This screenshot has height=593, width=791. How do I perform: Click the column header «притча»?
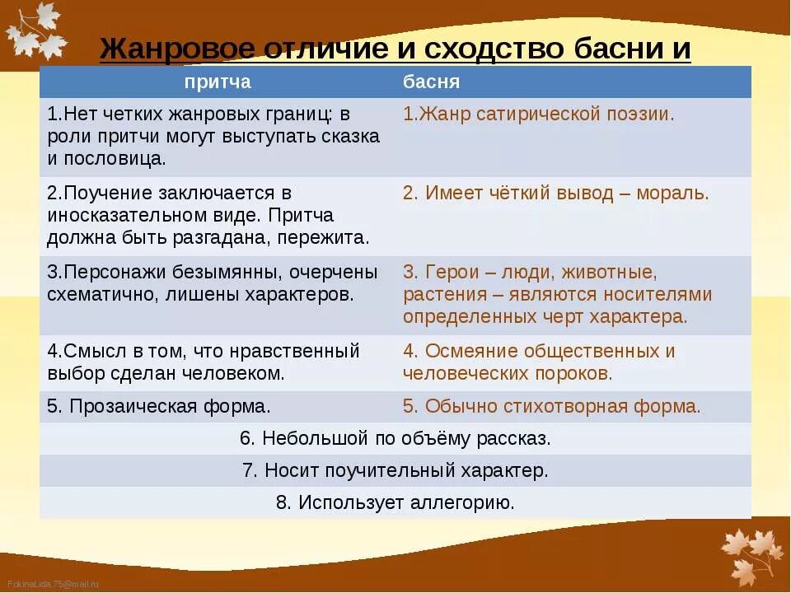point(218,82)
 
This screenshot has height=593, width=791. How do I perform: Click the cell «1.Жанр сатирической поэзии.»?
point(538,114)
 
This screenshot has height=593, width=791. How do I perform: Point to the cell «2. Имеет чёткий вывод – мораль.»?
point(555,194)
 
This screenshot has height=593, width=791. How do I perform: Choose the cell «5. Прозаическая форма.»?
point(159,406)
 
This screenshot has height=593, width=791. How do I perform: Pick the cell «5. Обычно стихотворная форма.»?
point(551,406)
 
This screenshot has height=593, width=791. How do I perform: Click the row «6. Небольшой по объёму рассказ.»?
point(395,439)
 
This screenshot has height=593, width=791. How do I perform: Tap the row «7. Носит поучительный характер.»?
point(395,471)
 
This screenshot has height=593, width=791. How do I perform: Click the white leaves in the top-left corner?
point(35,31)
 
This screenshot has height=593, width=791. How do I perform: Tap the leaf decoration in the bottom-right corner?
point(751,555)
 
